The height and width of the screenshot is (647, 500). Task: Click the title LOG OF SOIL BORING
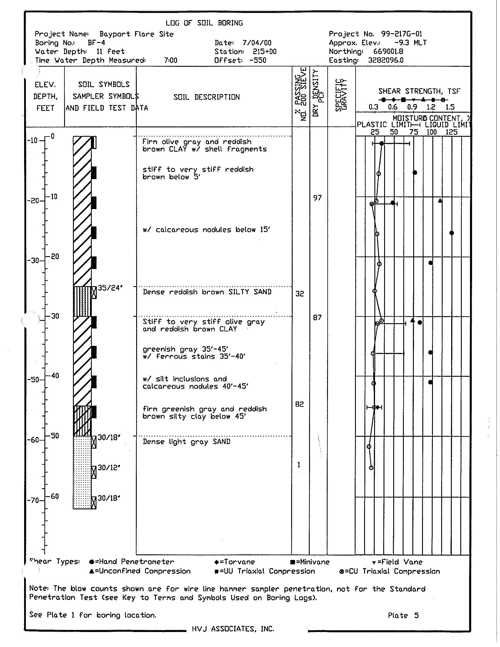coord(204,23)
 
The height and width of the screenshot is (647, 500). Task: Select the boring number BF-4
coord(96,43)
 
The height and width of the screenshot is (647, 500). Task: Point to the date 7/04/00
coord(257,43)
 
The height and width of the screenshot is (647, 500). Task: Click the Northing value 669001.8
coord(388,51)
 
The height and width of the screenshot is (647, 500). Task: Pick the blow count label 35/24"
coord(110,288)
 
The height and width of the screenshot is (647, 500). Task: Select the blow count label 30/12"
coord(109,468)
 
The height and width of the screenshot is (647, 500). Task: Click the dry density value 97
coord(317,198)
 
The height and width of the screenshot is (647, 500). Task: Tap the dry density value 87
coord(317,318)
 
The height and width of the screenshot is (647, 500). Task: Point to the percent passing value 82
coord(299,404)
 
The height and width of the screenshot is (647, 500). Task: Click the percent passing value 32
coord(300,294)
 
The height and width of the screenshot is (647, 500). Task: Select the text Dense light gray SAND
coord(186,442)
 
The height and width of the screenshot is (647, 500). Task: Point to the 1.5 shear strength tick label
coord(450,107)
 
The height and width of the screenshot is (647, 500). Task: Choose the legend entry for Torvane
coord(235,562)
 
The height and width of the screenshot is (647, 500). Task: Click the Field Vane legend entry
coord(397,562)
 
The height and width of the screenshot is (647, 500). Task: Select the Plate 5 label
coord(403,616)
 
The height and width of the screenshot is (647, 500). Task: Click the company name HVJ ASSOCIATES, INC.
coord(233,629)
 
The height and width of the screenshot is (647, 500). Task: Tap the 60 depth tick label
coord(54,496)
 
